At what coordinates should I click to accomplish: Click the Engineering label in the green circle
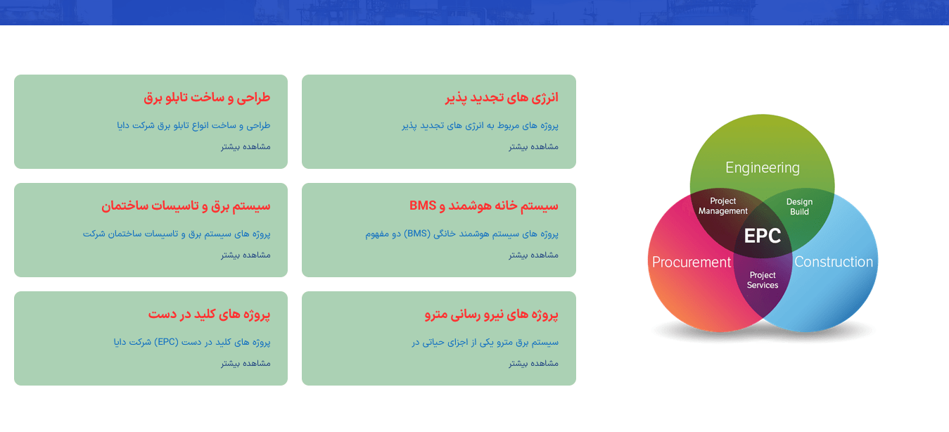pyautogui.click(x=763, y=168)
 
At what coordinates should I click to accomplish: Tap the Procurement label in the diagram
pyautogui.click(x=692, y=262)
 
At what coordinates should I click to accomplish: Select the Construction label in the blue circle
pyautogui.click(x=834, y=262)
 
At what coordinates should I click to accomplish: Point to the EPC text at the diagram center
pyautogui.click(x=763, y=236)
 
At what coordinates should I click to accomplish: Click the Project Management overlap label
pyautogui.click(x=722, y=206)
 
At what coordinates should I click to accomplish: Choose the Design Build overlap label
pyautogui.click(x=799, y=207)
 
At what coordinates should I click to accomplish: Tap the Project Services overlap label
pyautogui.click(x=763, y=280)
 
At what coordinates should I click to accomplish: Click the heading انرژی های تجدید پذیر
pyautogui.click(x=502, y=98)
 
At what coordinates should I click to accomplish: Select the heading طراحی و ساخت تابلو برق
pyautogui.click(x=207, y=98)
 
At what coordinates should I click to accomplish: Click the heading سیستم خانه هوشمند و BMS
pyautogui.click(x=484, y=206)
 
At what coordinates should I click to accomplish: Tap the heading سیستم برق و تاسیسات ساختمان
pyautogui.click(x=186, y=206)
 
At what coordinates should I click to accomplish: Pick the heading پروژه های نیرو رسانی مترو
pyautogui.click(x=492, y=315)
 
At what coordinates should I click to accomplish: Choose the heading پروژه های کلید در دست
pyautogui.click(x=210, y=315)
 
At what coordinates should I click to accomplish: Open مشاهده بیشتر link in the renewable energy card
pyautogui.click(x=533, y=146)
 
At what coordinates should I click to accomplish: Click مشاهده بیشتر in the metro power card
pyautogui.click(x=533, y=363)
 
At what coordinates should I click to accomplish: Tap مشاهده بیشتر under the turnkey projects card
pyautogui.click(x=246, y=363)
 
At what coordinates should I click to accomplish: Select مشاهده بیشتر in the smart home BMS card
pyautogui.click(x=533, y=255)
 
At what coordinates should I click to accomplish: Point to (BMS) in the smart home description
pyautogui.click(x=417, y=234)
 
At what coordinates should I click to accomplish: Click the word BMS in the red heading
pyautogui.click(x=422, y=205)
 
